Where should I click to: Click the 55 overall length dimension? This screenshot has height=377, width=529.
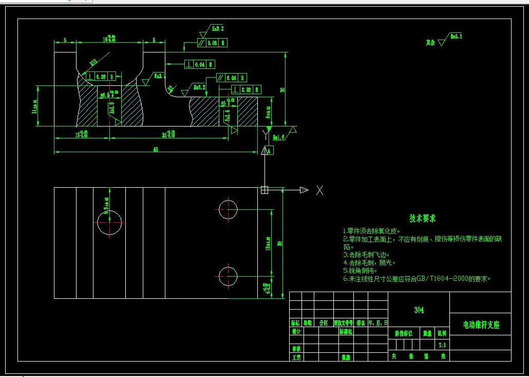point(155,148)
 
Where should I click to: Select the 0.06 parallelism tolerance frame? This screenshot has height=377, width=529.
point(212,43)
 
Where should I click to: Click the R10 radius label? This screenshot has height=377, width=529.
point(93,62)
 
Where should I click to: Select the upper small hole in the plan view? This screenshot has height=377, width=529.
point(228,209)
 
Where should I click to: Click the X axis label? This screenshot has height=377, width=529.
point(319,190)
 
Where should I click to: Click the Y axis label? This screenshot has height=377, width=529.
point(265,135)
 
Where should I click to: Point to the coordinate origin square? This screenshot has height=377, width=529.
point(264,190)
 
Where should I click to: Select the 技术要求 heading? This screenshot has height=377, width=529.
point(422,219)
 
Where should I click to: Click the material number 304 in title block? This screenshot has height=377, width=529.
point(419,310)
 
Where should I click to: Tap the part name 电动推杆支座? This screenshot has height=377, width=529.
point(481,325)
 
